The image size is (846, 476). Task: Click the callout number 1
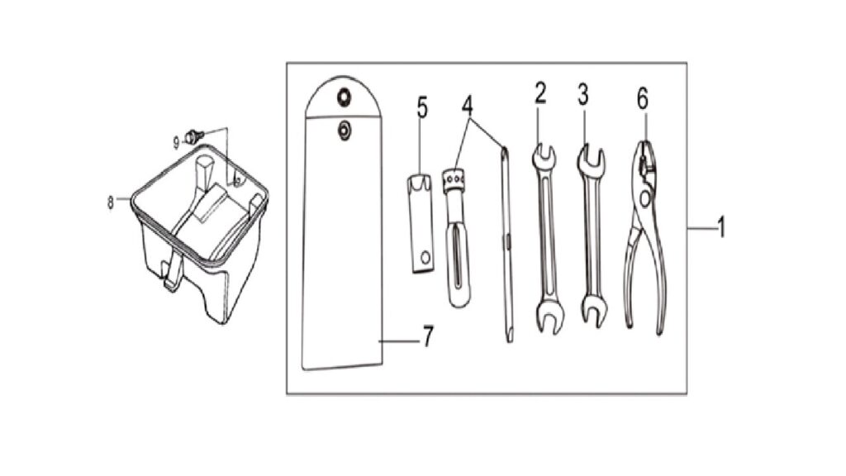tap(721, 227)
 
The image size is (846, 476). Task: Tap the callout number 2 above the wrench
tap(540, 93)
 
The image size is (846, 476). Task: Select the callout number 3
tap(582, 94)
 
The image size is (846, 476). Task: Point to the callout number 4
tap(468, 106)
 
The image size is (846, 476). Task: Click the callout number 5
tap(422, 107)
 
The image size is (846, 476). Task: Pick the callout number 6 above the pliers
tap(642, 99)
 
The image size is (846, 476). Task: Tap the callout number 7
tap(427, 337)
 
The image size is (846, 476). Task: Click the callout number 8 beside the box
tap(111, 203)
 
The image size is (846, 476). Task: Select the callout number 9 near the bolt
tap(176, 142)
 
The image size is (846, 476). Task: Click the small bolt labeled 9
tap(193, 136)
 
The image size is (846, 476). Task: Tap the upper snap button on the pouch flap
tap(343, 98)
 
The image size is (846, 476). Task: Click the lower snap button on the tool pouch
tap(344, 130)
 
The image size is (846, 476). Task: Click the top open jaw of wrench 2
tap(544, 155)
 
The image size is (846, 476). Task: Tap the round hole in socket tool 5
tap(426, 257)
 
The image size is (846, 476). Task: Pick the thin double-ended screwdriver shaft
tap(506, 244)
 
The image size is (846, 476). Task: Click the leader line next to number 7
tap(399, 341)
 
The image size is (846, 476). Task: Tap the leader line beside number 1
tap(701, 229)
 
